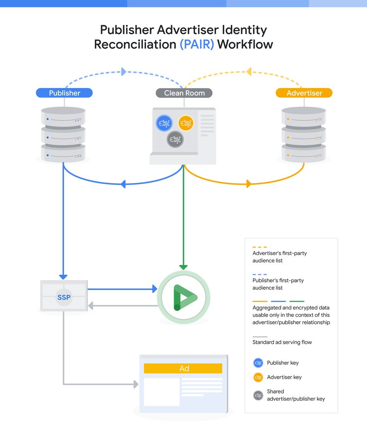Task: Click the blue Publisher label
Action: [x=64, y=93]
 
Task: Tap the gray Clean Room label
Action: [x=184, y=93]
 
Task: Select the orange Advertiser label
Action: [x=304, y=93]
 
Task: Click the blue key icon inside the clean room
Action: [x=165, y=123]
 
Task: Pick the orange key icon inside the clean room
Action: [x=185, y=123]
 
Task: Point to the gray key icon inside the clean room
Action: [x=175, y=140]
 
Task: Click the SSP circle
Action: [x=64, y=298]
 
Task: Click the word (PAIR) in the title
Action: [x=197, y=44]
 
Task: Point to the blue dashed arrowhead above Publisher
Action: [x=124, y=72]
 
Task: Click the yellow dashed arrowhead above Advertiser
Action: [x=249, y=71]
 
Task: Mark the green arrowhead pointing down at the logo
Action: [x=183, y=267]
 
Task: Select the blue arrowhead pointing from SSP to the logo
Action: [x=154, y=289]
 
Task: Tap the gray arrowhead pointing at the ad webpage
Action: [x=135, y=384]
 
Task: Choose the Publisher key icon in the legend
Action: [x=258, y=363]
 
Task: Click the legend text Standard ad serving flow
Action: [x=282, y=342]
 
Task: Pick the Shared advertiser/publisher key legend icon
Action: [x=258, y=395]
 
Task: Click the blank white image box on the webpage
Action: [x=162, y=392]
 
